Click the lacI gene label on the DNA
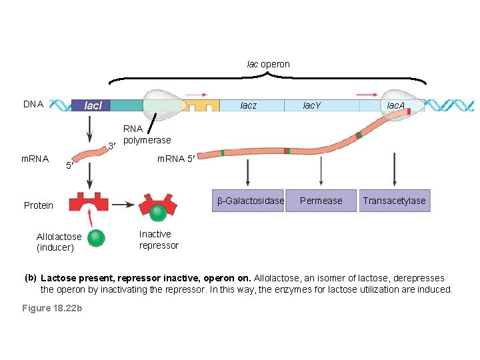92,105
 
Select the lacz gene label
248,105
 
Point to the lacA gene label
396,105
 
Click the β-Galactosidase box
249,201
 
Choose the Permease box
321,201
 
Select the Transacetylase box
394,201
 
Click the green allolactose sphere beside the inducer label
97,237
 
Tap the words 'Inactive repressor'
159,240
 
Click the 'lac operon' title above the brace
268,65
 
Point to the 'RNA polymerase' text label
147,135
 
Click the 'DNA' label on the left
33,105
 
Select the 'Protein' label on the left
39,205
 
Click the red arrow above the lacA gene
368,94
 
